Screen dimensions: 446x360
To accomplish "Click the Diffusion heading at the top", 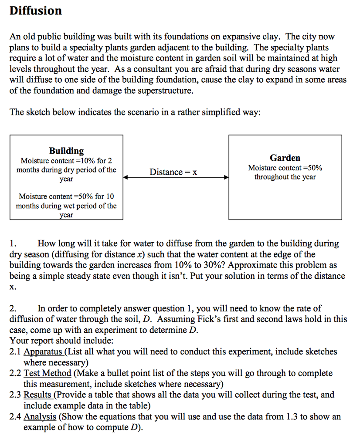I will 36,10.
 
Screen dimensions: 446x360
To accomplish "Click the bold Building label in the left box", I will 66,151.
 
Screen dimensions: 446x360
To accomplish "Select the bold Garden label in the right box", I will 285,158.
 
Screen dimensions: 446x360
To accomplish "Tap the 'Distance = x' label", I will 173,172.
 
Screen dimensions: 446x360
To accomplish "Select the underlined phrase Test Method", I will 48,373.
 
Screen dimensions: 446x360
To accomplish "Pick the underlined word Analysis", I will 40,417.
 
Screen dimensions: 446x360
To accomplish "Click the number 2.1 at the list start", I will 15,351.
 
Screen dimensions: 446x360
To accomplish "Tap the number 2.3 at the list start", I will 15,395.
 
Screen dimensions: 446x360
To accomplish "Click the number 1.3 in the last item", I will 292,417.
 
